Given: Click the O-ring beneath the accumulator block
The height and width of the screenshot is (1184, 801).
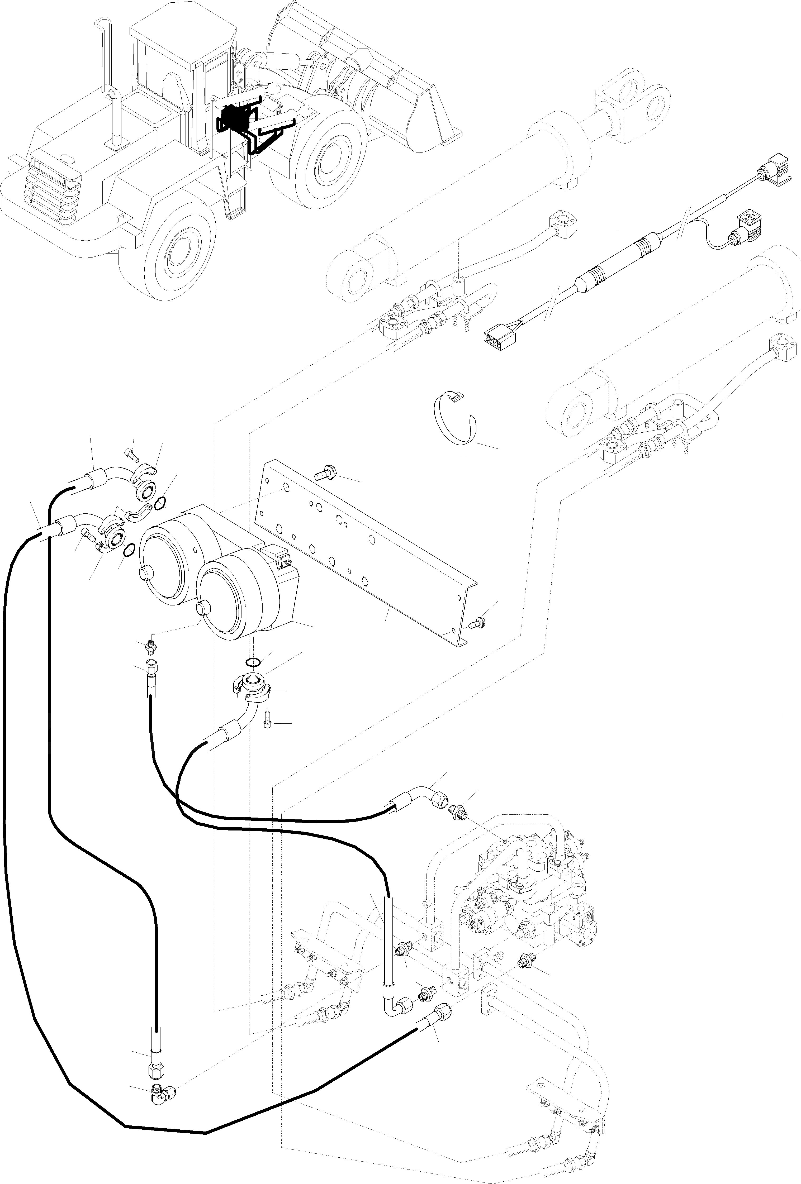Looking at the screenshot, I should point(253,662).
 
